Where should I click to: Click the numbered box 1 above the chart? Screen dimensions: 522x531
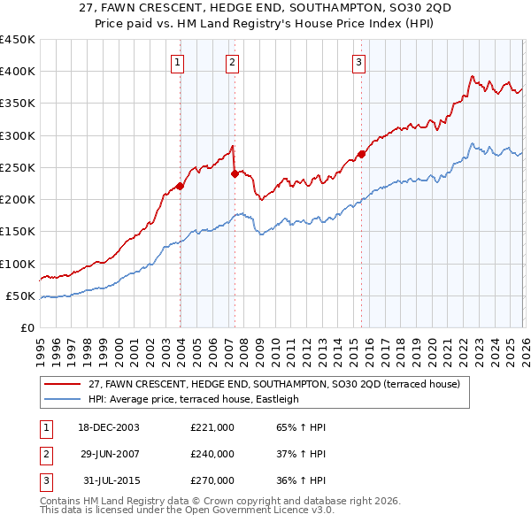tap(178, 62)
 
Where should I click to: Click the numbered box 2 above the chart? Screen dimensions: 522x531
tap(231, 62)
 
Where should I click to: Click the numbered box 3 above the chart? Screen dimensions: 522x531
tap(358, 62)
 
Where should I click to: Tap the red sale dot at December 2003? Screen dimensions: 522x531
tap(181, 186)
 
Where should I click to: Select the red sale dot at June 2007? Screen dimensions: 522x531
tap(235, 173)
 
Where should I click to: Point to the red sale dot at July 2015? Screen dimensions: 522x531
tap(362, 154)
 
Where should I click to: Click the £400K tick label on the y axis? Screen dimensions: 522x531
tap(17, 72)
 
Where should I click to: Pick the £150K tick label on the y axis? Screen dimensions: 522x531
tap(17, 232)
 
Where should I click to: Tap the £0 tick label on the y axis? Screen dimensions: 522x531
tap(26, 328)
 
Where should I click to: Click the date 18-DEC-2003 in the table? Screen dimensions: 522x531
tap(108, 427)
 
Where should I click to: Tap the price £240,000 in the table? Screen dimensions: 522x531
tap(212, 454)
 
